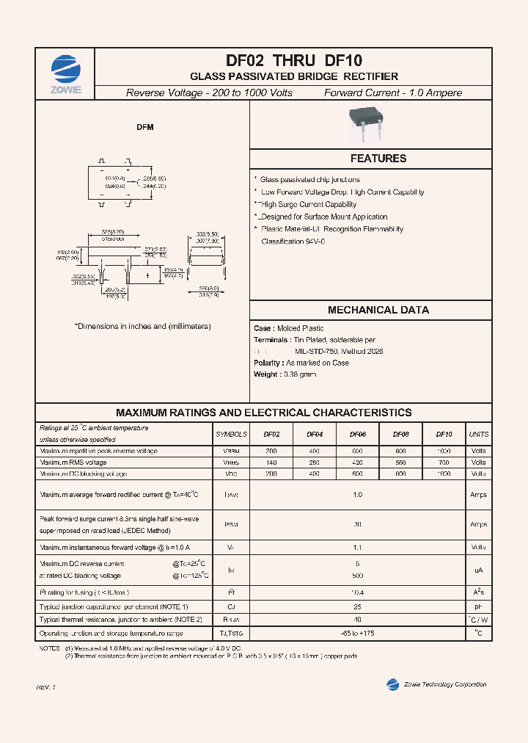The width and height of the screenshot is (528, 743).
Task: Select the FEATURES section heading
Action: (x=378, y=159)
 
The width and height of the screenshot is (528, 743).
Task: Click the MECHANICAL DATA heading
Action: (x=378, y=310)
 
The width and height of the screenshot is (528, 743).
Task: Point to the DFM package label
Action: (x=145, y=127)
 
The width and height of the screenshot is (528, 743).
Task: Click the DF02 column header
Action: (x=271, y=435)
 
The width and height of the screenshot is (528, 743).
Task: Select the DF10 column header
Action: (x=444, y=435)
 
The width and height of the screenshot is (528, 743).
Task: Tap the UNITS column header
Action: (x=478, y=435)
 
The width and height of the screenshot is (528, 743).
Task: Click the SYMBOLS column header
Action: (x=232, y=435)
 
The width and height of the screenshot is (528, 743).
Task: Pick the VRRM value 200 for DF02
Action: (x=271, y=451)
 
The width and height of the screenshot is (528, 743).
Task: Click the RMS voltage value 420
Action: (x=358, y=463)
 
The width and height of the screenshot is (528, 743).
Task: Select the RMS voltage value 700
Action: (x=444, y=463)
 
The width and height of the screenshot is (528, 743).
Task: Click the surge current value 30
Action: (x=358, y=524)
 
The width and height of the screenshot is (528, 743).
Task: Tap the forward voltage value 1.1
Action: (x=358, y=548)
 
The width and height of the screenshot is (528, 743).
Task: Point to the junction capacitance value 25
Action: (x=358, y=607)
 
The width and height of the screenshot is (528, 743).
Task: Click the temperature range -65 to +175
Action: (x=358, y=633)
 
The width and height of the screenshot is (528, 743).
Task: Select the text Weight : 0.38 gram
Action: (x=285, y=374)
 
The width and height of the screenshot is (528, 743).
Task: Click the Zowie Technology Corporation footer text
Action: (x=444, y=684)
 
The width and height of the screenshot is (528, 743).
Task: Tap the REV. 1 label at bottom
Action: (x=46, y=686)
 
